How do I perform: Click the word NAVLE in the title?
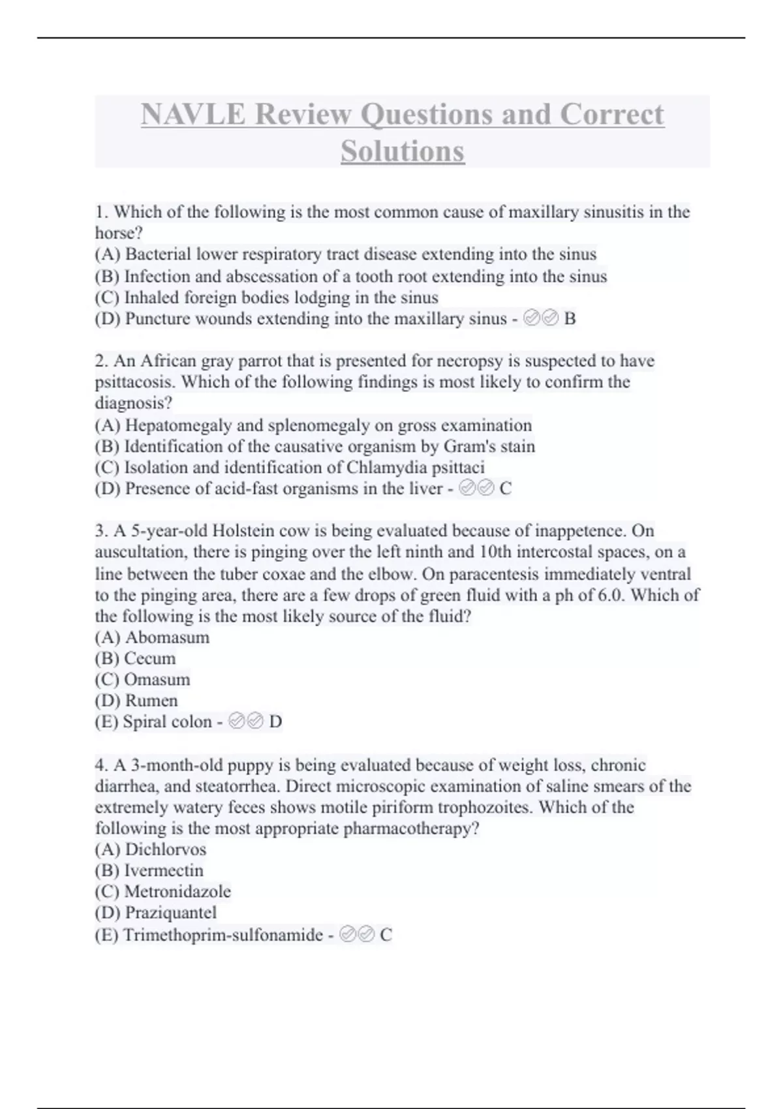pos(194,115)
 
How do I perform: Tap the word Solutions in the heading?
pos(403,151)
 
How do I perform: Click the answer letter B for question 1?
pos(570,319)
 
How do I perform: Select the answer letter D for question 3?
pos(275,722)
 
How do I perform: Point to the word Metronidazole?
pos(177,892)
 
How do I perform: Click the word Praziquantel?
pos(170,913)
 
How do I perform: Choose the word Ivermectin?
pos(164,870)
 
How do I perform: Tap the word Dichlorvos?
pos(165,849)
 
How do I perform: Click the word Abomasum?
pos(167,637)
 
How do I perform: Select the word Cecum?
pos(150,658)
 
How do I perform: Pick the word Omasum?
pos(157,680)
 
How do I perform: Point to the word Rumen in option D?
pos(151,701)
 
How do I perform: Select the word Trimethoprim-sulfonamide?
pos(223,935)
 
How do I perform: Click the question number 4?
pos(100,765)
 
